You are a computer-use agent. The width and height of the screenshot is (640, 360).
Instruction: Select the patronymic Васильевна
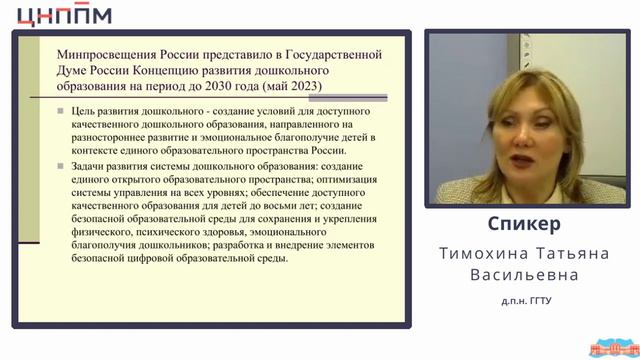pos(524,273)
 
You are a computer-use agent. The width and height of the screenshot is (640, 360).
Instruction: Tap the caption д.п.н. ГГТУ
pos(524,299)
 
